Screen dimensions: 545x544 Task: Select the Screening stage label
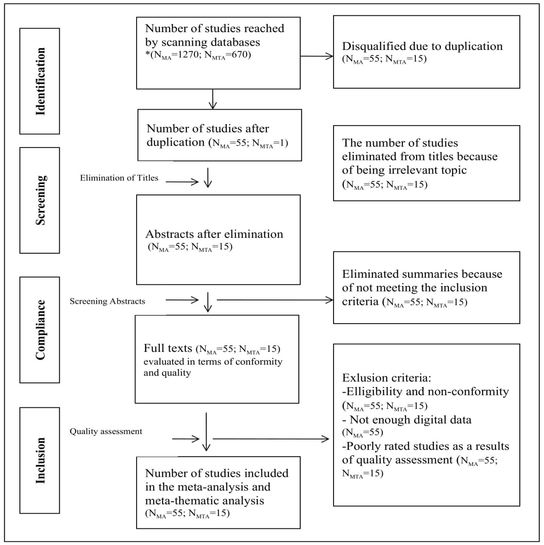(40, 200)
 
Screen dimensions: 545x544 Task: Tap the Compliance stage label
(40, 330)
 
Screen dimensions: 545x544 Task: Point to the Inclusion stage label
(40, 460)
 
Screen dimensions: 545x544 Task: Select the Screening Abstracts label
(107, 301)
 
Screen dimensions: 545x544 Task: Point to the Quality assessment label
(106, 431)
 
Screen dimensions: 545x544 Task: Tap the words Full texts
(168, 348)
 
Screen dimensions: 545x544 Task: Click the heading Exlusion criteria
(386, 378)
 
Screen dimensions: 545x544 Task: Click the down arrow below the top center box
(213, 99)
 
